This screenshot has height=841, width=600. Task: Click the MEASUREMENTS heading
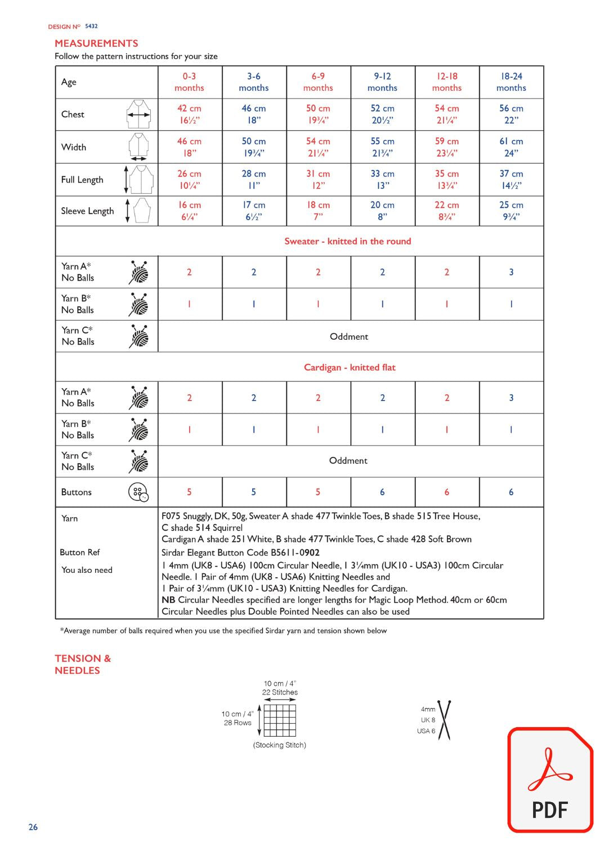coord(96,43)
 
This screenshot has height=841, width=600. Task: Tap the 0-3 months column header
coord(189,82)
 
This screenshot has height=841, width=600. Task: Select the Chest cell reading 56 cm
coord(511,114)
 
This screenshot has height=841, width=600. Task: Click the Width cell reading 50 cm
coord(254,147)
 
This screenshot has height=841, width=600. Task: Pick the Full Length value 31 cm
coord(318,180)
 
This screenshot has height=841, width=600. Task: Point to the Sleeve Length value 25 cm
coord(511,211)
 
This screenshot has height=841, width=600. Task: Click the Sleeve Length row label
coord(87,211)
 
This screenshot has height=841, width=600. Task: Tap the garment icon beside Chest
coord(138,114)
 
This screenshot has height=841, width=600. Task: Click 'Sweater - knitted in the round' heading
coord(347,241)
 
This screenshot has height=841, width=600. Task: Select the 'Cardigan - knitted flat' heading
coord(350,367)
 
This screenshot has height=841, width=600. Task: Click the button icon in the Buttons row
coord(138,492)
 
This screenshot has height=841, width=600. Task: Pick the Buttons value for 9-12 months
coord(382,492)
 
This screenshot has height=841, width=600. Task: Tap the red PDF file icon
coord(550,780)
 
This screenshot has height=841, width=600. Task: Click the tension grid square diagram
coord(280,720)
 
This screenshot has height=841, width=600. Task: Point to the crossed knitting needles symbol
coord(445,720)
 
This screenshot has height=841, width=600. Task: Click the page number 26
coord(33,827)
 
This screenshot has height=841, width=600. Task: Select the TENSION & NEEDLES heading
coord(83,664)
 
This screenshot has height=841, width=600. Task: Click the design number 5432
coord(91,26)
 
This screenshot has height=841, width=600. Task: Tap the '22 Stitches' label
coord(280,692)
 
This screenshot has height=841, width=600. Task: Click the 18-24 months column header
coord(511,82)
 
